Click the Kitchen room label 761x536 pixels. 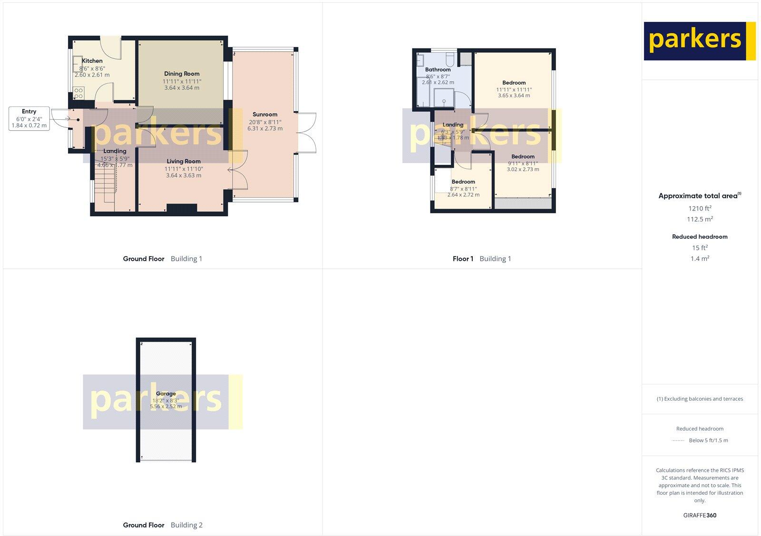(x=92, y=61)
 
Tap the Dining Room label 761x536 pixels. (x=182, y=74)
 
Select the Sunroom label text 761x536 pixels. (x=265, y=115)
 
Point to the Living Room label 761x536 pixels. (x=184, y=162)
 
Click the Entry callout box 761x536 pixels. (x=29, y=119)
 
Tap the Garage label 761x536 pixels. (x=166, y=394)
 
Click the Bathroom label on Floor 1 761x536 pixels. (x=438, y=70)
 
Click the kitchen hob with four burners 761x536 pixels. (x=78, y=93)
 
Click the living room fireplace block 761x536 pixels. (x=182, y=208)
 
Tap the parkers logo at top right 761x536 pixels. (x=699, y=41)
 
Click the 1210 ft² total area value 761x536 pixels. (x=700, y=208)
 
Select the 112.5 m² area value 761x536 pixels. (x=700, y=219)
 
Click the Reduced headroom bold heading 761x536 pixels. (x=700, y=237)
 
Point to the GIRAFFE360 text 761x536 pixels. (x=700, y=515)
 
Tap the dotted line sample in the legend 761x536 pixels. (x=677, y=440)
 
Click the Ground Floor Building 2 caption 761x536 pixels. (x=163, y=525)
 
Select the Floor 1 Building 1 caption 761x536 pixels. (x=481, y=259)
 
